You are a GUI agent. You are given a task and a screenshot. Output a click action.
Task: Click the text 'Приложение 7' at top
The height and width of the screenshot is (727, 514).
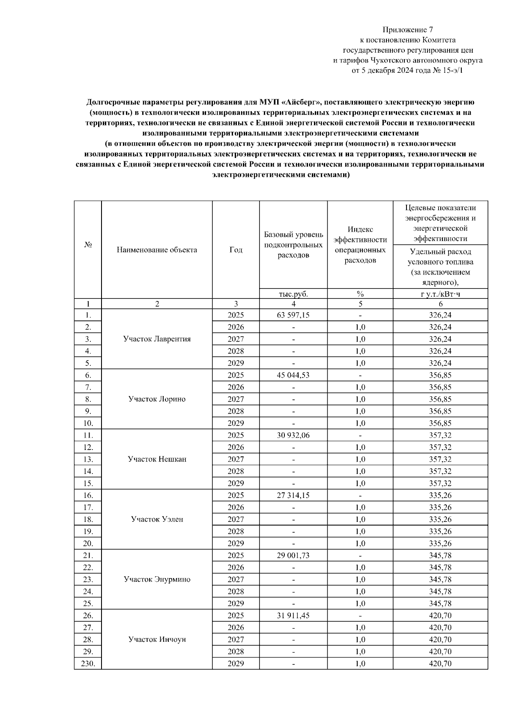click(407, 30)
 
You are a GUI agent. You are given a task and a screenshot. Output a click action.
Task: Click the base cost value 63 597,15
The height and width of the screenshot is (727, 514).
click(293, 315)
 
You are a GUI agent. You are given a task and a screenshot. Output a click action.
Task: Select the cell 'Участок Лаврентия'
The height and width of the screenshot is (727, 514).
click(157, 339)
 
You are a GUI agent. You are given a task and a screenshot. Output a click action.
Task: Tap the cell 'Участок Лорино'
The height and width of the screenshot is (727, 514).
click(157, 399)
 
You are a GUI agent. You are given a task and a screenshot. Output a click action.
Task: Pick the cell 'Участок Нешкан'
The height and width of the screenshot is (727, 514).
click(157, 459)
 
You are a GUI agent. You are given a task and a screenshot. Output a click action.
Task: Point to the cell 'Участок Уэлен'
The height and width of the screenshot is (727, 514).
click(157, 519)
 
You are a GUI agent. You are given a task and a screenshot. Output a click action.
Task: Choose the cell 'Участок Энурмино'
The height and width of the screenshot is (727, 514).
click(157, 579)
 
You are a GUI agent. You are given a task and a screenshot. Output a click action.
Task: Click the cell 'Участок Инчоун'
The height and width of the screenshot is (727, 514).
click(157, 640)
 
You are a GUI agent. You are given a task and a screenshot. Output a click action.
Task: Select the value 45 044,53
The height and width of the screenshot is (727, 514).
click(293, 375)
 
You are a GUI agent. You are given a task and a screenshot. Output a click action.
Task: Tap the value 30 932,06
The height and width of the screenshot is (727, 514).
click(293, 435)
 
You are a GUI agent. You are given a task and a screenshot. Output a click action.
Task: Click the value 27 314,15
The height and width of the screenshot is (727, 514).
click(293, 495)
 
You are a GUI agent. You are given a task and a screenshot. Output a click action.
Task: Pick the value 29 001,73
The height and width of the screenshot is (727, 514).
click(293, 556)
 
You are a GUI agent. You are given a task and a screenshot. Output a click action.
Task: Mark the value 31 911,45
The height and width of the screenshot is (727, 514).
click(293, 616)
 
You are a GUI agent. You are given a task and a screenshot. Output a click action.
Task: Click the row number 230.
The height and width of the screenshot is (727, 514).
click(88, 664)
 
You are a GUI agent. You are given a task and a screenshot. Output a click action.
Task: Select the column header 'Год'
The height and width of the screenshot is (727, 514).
click(236, 250)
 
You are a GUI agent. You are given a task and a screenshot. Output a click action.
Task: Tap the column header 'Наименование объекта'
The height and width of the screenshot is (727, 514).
click(157, 250)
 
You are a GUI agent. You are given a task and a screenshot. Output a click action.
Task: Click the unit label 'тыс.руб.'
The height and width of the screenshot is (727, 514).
click(293, 294)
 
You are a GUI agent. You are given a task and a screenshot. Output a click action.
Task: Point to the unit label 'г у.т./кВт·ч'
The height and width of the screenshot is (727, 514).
click(440, 294)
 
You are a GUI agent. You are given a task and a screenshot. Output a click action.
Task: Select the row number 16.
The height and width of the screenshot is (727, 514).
click(88, 495)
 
